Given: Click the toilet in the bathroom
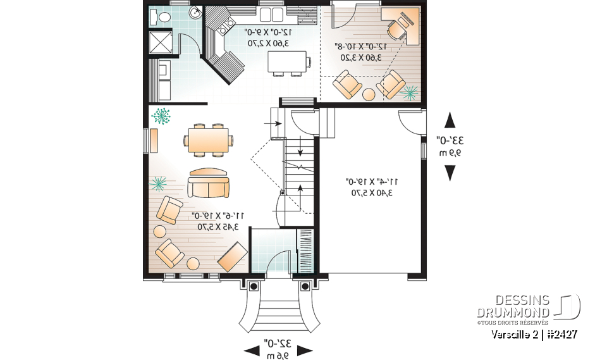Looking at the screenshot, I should [x=159, y=17].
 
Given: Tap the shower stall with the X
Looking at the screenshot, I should [x=158, y=41].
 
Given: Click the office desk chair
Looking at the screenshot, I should [x=396, y=27].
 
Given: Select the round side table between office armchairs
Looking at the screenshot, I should [x=369, y=95].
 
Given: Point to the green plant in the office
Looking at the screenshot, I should [x=410, y=93].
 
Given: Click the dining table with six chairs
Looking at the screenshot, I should [x=208, y=139].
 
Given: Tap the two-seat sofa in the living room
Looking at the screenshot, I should [x=208, y=187].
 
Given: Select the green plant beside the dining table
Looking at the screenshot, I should [x=162, y=116].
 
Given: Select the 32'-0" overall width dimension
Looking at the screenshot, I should [x=278, y=344].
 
